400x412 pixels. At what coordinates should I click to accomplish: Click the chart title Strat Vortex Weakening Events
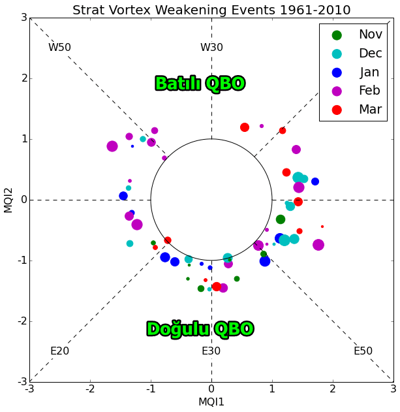coord(211,10)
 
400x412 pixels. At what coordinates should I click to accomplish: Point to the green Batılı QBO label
coord(200,84)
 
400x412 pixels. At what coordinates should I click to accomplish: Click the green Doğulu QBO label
coord(200,329)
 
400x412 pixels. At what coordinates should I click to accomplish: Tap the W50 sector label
coord(59,48)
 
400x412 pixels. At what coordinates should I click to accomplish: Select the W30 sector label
coord(211,48)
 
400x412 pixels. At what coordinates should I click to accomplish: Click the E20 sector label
coord(59,351)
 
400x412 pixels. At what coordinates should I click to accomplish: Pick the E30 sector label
coord(211,351)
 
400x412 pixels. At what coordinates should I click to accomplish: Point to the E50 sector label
coord(363,351)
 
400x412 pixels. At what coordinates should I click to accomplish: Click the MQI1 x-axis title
coord(211,402)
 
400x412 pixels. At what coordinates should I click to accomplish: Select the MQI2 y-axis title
coord(8,200)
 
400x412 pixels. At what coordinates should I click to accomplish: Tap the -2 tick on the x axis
coord(90,390)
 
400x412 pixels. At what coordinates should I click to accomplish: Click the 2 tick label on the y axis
coord(23,78)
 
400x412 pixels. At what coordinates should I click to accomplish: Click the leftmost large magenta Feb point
coord(112,146)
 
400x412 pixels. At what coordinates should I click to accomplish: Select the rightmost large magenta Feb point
coord(318,245)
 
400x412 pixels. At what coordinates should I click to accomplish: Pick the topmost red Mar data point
coord(245,127)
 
